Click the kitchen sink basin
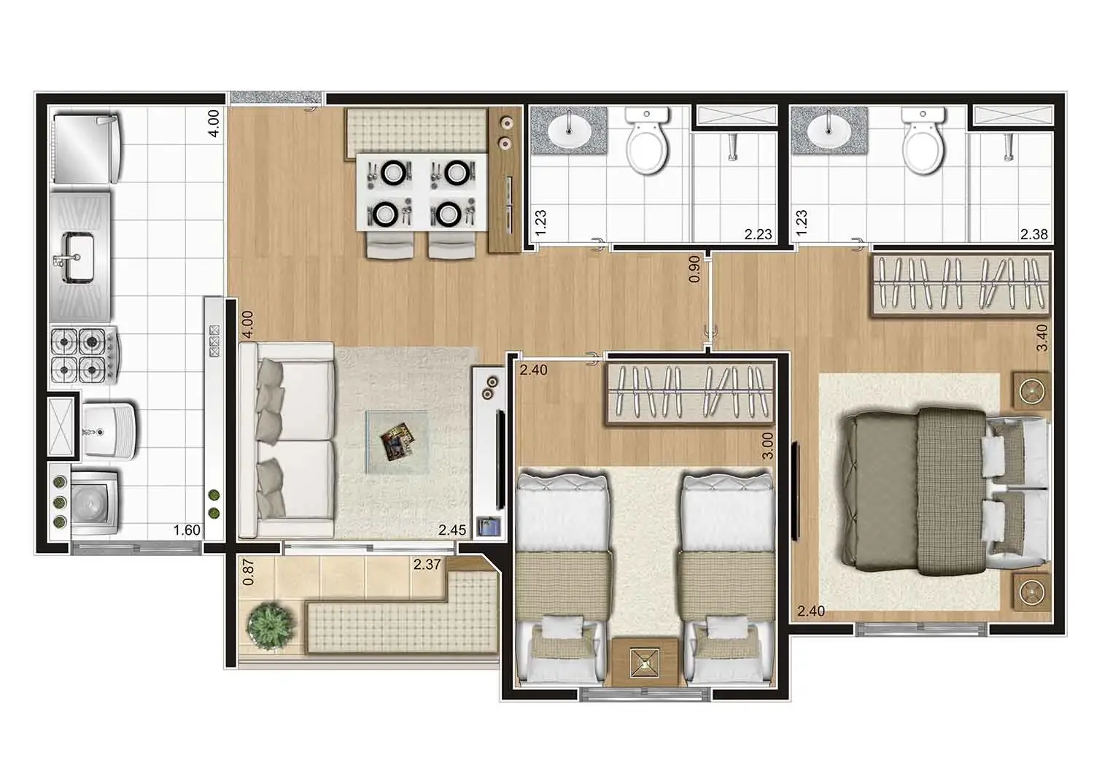click(79, 258)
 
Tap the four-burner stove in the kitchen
click(84, 355)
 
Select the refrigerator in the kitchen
click(86, 149)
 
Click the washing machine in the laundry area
click(94, 502)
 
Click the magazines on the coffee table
click(397, 441)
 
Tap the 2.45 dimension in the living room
click(451, 530)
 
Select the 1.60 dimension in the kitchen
click(187, 530)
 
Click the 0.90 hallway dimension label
click(694, 269)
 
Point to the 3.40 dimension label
click(1041, 338)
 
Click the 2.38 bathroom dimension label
click(1034, 234)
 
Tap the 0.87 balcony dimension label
click(248, 573)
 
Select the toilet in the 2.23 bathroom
click(647, 140)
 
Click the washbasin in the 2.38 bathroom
click(829, 129)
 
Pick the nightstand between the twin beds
click(645, 662)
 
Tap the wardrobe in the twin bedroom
click(690, 393)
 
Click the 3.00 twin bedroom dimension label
click(767, 446)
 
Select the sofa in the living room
click(287, 440)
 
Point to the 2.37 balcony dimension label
click(427, 564)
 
